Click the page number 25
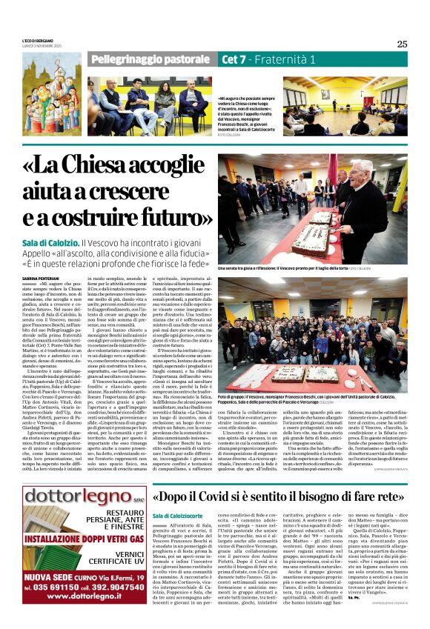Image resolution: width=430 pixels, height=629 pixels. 402,44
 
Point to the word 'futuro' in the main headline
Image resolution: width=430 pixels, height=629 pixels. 171,218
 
